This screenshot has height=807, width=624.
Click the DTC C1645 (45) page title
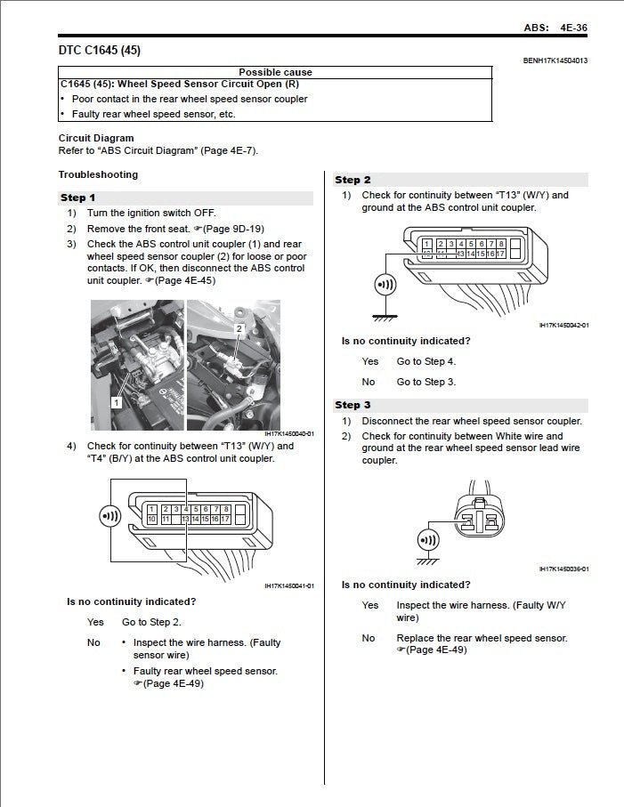click(99, 51)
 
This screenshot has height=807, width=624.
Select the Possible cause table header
click(275, 72)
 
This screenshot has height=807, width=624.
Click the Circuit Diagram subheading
click(96, 138)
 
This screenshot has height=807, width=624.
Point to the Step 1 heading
click(78, 198)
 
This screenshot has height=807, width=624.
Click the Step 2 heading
click(353, 180)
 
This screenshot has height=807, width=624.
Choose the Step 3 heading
click(353, 405)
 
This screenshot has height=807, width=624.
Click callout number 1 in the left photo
click(116, 402)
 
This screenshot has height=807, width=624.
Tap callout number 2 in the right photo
click(239, 328)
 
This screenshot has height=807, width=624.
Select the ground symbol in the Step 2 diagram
click(385, 314)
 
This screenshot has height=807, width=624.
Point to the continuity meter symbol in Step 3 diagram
click(428, 539)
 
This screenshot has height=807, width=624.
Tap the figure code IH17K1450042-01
click(563, 326)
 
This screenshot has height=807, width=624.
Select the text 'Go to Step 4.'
click(425, 361)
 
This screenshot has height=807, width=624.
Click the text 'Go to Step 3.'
click(425, 382)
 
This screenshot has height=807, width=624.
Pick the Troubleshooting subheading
click(98, 174)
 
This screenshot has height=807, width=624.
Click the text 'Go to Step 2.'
click(151, 622)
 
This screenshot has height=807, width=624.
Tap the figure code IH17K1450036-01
click(563, 569)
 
